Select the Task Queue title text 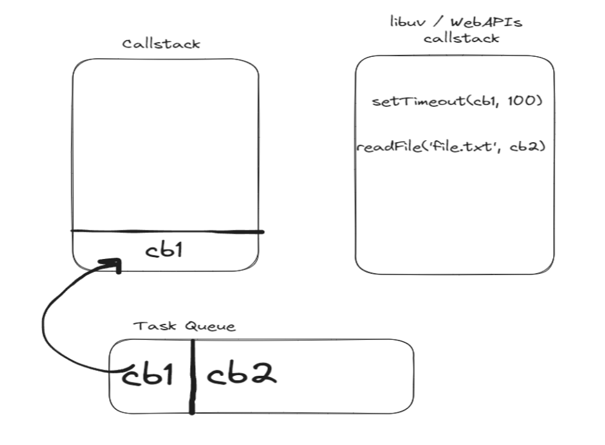coord(185,326)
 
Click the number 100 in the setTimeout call coord(527,101)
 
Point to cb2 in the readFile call coord(528,148)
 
